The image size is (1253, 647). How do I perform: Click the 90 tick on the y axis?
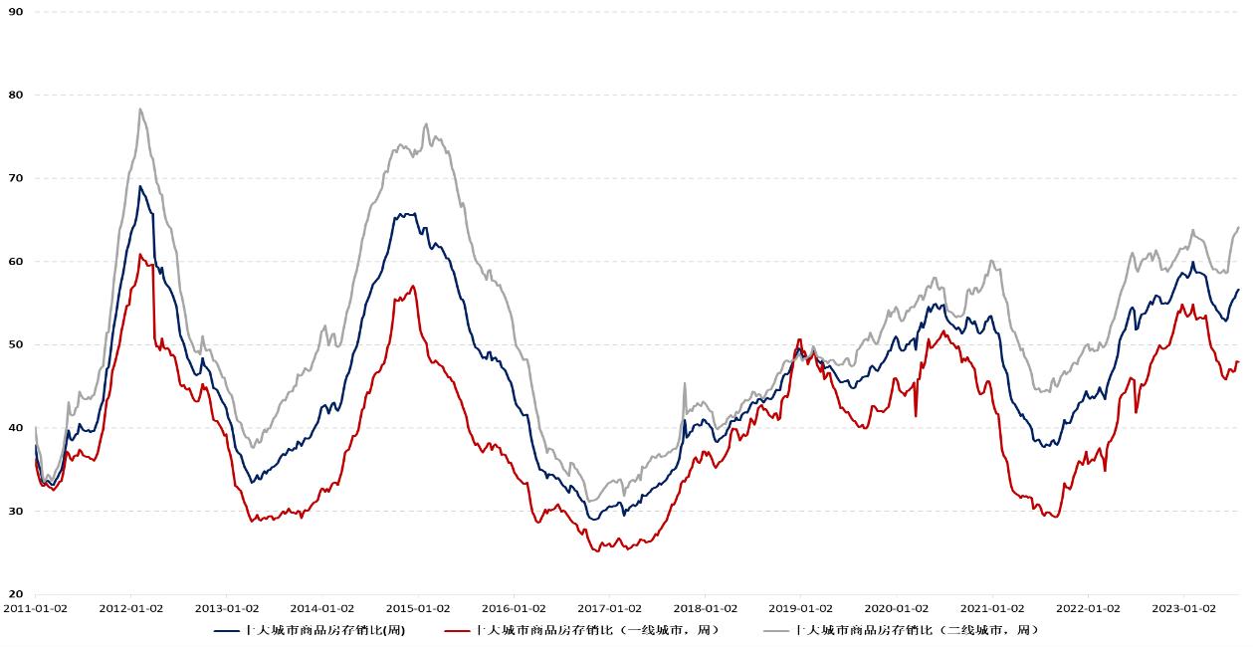[x=16, y=12]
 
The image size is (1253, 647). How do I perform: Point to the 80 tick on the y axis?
[x=16, y=95]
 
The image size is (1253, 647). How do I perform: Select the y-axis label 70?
[x=16, y=178]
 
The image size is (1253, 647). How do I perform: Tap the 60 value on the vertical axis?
[x=16, y=262]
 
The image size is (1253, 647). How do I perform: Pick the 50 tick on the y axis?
[x=16, y=344]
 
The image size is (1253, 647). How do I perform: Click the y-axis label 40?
[x=16, y=428]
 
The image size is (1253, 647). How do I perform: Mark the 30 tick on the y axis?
[x=16, y=512]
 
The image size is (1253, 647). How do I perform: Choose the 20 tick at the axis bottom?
[x=16, y=594]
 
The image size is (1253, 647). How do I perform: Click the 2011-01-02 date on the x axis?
[x=35, y=607]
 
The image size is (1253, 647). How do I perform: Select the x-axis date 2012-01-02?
[x=130, y=607]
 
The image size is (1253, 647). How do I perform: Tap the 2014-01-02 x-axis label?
[x=321, y=607]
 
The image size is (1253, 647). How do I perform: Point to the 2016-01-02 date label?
[x=513, y=607]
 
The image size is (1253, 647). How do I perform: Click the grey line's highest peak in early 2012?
[x=140, y=109]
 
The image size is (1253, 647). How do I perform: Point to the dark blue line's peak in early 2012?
[x=140, y=186]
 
